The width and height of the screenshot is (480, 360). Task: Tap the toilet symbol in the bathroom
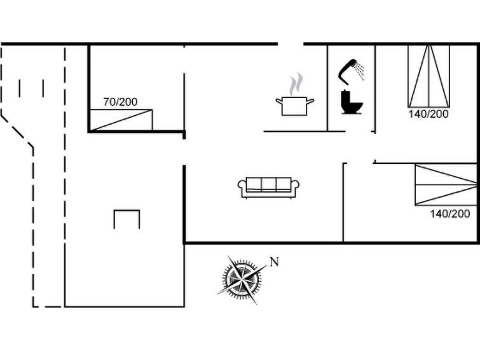point(351,102)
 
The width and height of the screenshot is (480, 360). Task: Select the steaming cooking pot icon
point(294,105)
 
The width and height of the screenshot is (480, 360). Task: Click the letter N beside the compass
point(275,261)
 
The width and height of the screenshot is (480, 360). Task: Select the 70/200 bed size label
point(120,101)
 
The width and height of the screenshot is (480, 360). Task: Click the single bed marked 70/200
point(121,120)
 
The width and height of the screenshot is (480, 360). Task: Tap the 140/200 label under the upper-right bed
point(429,114)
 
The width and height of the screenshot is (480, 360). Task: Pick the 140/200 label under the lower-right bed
point(450,214)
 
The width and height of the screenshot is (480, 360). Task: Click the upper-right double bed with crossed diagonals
point(429,76)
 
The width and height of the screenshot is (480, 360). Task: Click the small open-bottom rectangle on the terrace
point(127,219)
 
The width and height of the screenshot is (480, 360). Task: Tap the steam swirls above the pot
point(296,84)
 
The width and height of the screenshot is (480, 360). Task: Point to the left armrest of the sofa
point(242,186)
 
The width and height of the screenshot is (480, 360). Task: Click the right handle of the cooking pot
point(310,100)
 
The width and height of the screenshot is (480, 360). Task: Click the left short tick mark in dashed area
point(20,88)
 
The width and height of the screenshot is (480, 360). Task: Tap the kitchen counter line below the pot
point(295,131)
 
